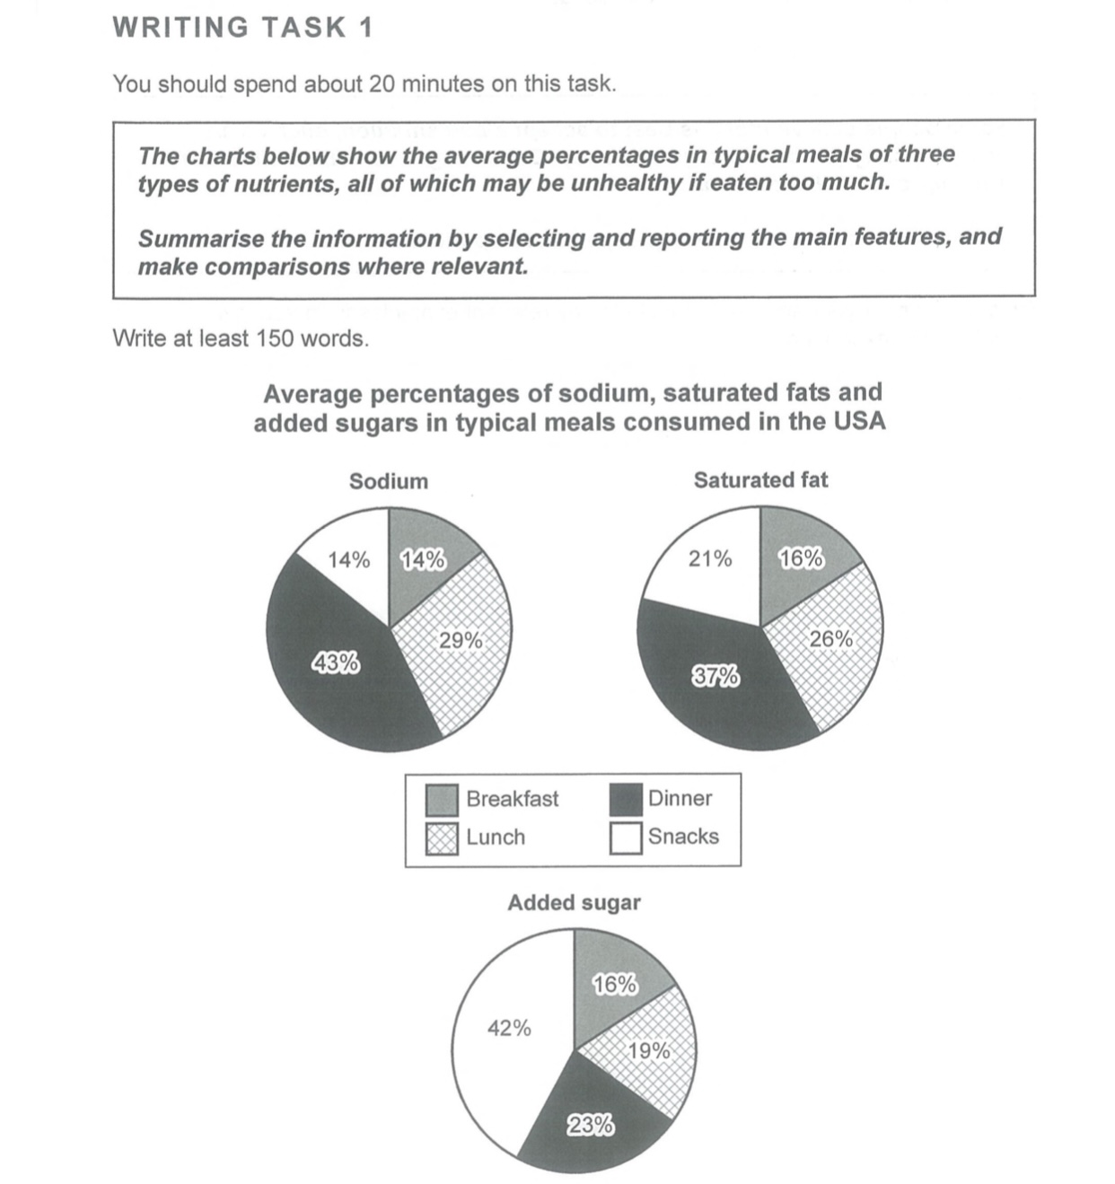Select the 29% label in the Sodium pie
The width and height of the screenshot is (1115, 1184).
(x=461, y=641)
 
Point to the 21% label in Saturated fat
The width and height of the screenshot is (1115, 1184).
(x=710, y=559)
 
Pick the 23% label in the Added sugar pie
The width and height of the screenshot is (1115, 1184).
(x=591, y=1125)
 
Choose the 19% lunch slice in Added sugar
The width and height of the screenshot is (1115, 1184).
(x=648, y=1050)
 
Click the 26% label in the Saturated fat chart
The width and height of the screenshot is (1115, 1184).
(x=831, y=639)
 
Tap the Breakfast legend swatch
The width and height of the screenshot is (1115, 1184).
(x=442, y=800)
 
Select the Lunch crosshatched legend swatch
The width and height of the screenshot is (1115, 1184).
(x=442, y=838)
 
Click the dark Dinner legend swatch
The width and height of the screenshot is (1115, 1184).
(x=626, y=800)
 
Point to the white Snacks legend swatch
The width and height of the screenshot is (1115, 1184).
(x=626, y=838)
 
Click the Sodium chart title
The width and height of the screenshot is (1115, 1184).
(x=389, y=481)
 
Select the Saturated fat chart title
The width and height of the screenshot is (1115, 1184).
(x=760, y=480)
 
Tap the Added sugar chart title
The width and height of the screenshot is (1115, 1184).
(x=574, y=903)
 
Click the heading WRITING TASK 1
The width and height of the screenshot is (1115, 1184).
(x=242, y=28)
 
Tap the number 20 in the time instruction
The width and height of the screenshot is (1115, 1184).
(x=382, y=84)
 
